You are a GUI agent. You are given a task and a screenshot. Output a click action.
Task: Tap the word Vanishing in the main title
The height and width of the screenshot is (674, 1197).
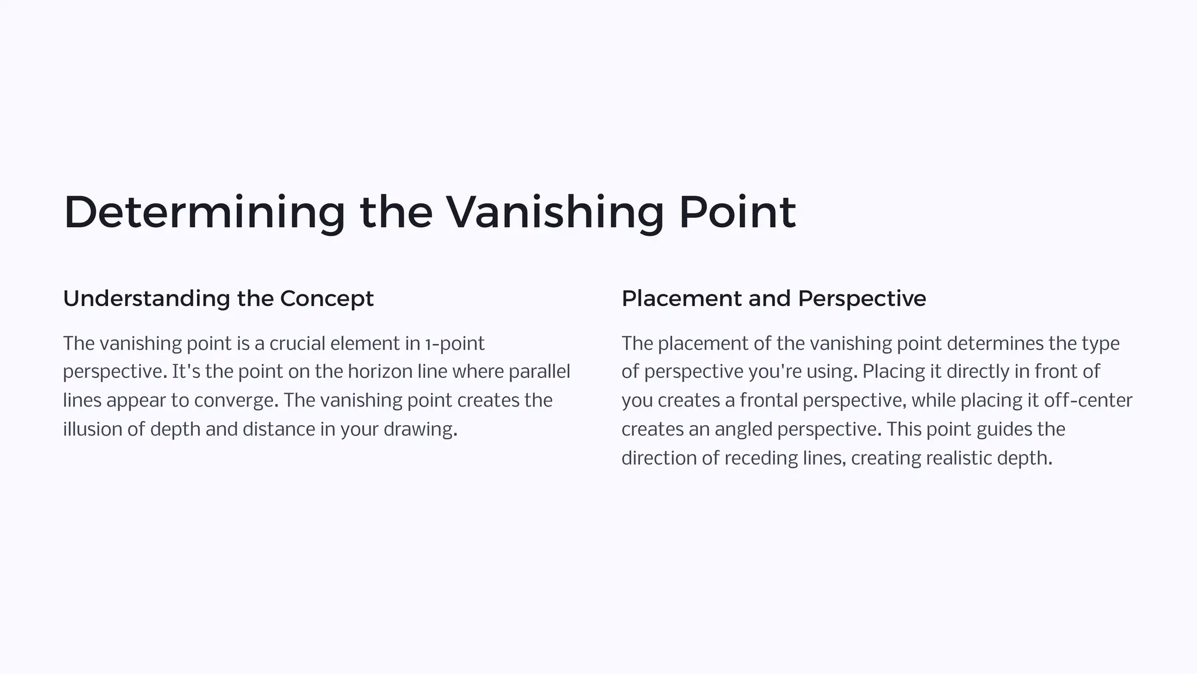point(555,213)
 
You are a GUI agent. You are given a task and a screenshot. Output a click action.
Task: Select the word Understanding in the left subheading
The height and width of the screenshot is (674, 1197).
point(147,299)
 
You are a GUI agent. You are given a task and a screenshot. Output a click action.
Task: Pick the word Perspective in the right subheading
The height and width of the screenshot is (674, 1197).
point(862,299)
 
